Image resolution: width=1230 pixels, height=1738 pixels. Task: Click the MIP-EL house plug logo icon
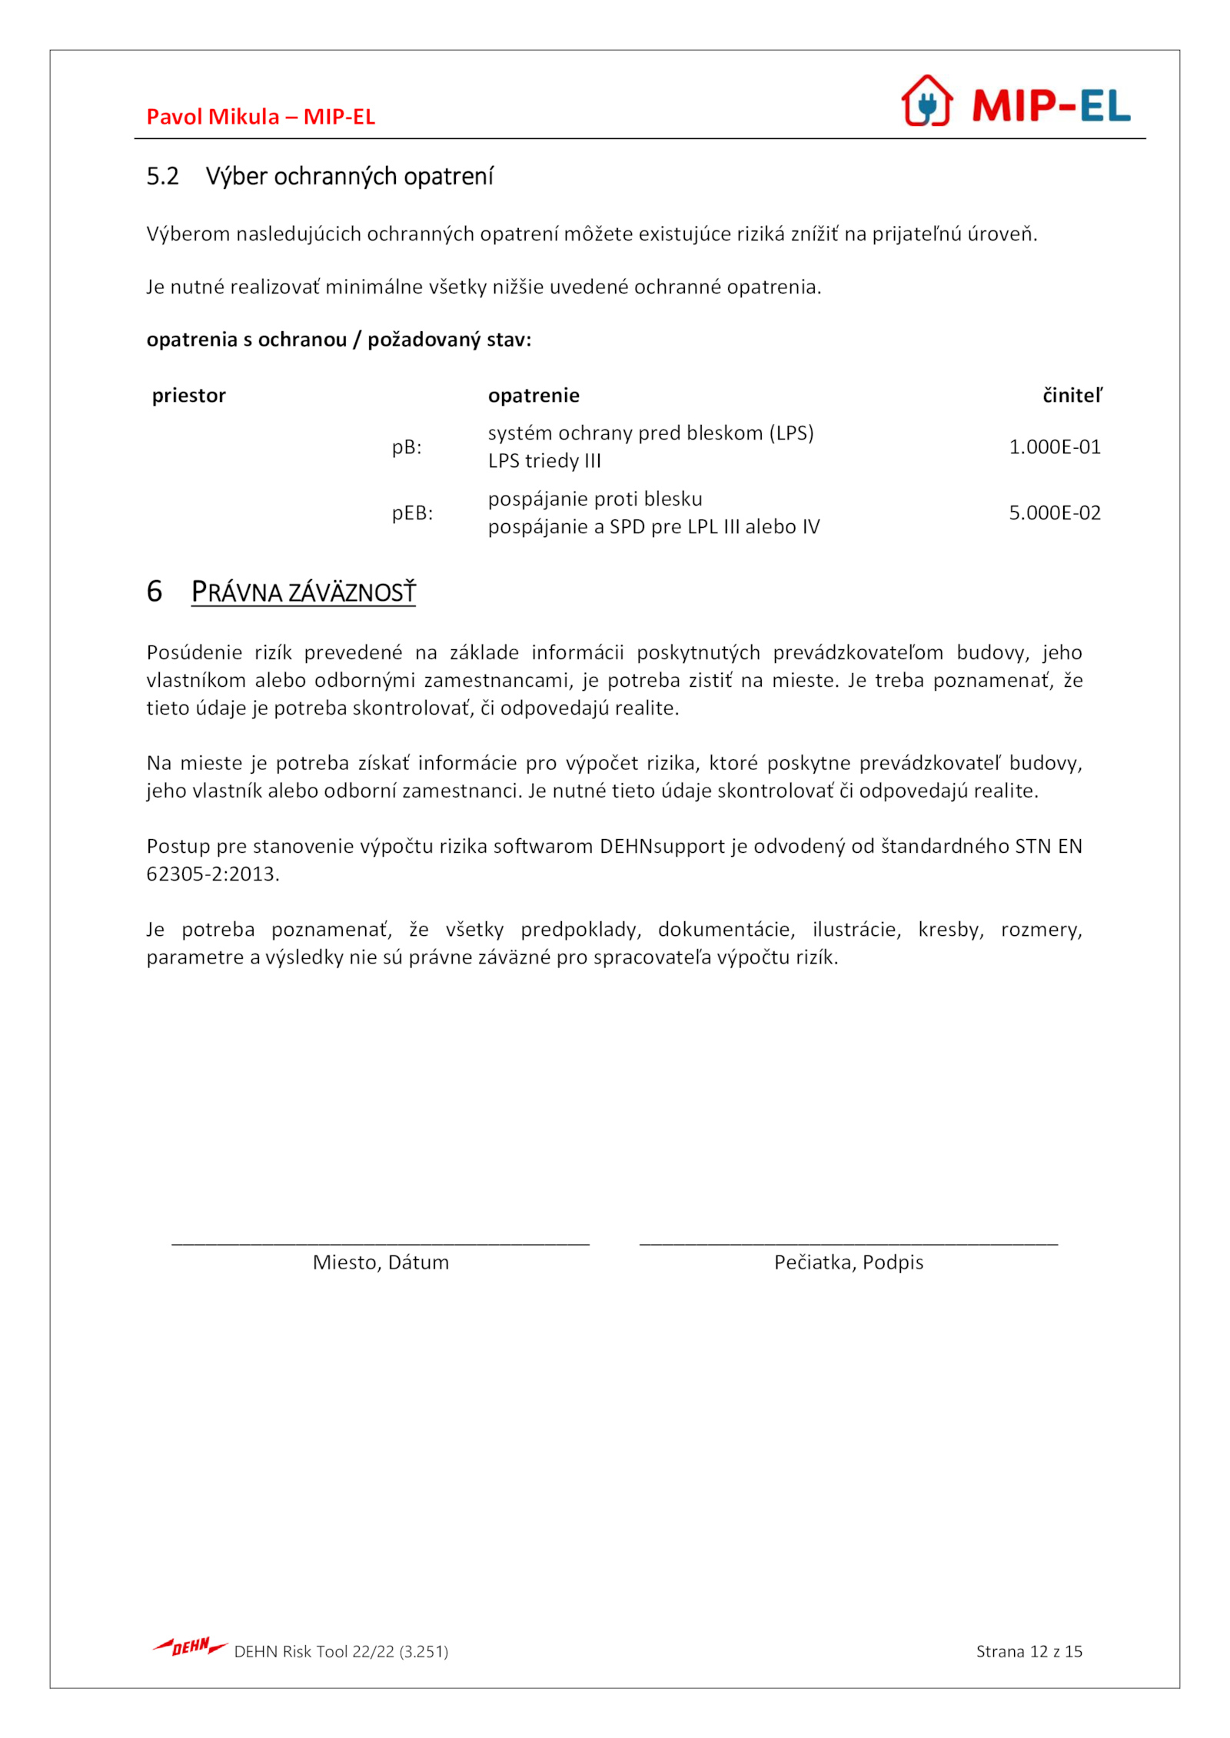pos(926,101)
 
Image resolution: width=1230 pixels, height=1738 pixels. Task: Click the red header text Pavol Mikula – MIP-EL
pos(261,117)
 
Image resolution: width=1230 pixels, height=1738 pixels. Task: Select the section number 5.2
pos(162,177)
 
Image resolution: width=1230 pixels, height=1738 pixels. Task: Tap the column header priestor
pos(188,396)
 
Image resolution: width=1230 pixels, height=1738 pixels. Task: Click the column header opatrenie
pos(534,396)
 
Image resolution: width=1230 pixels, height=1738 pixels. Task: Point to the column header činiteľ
pos(1072,396)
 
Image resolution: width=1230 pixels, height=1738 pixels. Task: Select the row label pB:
pos(407,447)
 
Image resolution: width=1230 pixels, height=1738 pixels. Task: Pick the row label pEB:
pos(412,513)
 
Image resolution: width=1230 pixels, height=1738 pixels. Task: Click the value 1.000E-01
pos(1054,447)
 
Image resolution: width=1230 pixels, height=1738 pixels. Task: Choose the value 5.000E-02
pos(1054,513)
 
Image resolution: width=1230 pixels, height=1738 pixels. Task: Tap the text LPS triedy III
pos(544,461)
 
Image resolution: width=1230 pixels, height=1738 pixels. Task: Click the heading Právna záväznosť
pos(303,592)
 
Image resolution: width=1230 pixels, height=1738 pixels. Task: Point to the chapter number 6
pos(155,592)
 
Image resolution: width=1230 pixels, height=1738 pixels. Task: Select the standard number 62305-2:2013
pos(212,874)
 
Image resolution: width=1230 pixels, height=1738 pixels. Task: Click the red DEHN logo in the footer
pos(189,1647)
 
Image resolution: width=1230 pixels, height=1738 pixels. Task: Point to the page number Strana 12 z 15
pos(1029,1651)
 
